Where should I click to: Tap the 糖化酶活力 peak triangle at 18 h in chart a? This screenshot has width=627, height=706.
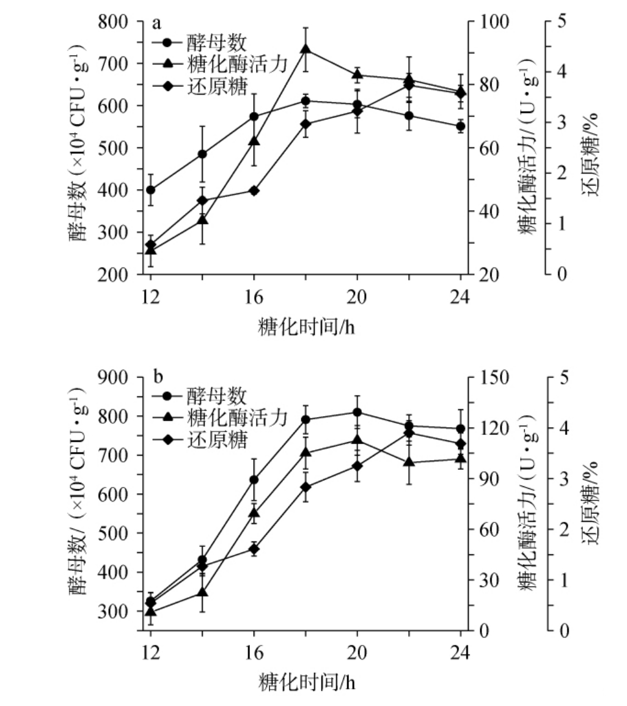(306, 50)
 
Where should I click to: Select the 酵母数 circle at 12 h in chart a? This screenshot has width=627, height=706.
(150, 190)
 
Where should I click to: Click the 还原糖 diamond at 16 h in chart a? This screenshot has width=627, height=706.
(254, 190)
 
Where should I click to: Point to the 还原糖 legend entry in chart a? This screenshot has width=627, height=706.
(216, 88)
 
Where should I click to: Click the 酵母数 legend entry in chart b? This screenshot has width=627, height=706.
(216, 396)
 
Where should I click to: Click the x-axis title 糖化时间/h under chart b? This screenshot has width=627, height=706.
(306, 680)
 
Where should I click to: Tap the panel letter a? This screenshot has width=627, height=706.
(156, 23)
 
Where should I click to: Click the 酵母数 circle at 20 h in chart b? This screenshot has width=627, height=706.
(358, 412)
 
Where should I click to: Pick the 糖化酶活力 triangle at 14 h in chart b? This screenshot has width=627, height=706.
(202, 592)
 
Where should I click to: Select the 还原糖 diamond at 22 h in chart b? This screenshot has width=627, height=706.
(409, 433)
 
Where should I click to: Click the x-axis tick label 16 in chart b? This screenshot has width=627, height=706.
(254, 653)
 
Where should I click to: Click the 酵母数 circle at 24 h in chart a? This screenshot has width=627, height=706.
(461, 127)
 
